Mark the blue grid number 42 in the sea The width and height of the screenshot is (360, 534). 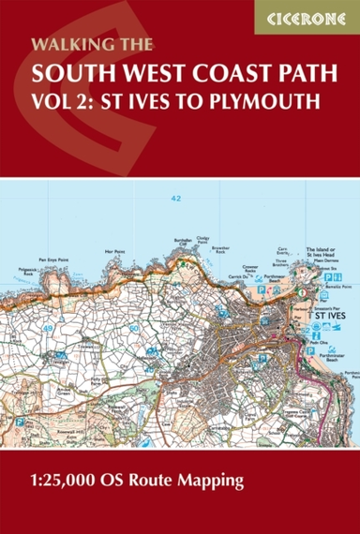[x=176, y=198]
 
